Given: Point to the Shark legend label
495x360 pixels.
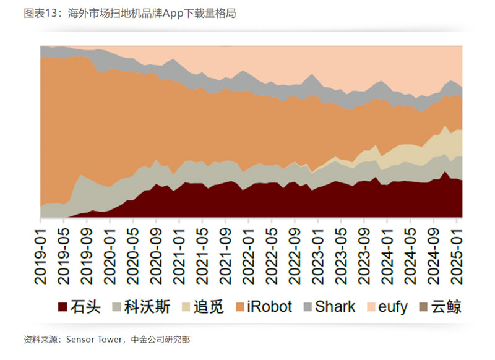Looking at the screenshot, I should click(x=335, y=307).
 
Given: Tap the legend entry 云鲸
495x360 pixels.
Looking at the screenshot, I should click(x=446, y=307).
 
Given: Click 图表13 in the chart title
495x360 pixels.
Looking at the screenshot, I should click(x=42, y=13).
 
